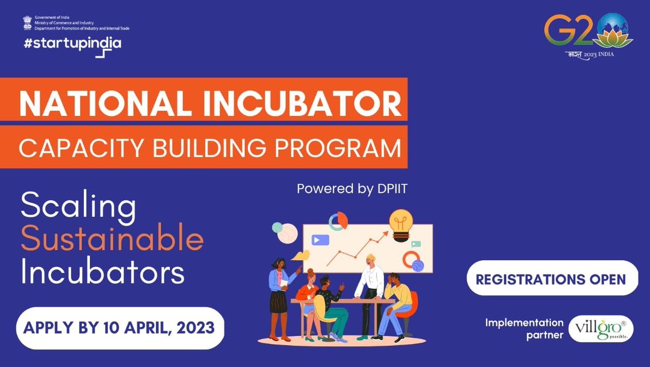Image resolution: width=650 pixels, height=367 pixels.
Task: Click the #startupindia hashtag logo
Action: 72,45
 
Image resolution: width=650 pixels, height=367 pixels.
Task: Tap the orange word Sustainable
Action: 112,240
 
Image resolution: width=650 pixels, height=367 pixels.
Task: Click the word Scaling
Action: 77,208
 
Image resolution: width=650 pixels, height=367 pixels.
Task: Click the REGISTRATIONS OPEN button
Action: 550,279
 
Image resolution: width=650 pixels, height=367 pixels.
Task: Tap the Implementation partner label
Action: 524,329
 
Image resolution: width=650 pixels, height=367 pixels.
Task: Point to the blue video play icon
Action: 320,239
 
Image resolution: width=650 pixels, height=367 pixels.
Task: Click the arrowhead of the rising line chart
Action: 385,234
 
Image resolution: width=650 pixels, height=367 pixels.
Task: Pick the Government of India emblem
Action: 27,22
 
